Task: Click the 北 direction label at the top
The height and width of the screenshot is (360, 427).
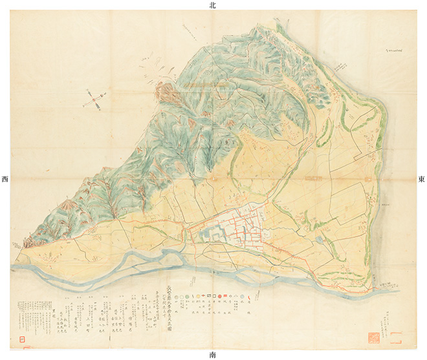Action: [x=212, y=5]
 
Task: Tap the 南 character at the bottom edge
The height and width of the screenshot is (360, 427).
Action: [x=213, y=355]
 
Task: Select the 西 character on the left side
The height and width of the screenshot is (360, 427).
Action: [x=5, y=179]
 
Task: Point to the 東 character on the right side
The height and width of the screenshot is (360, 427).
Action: [x=421, y=179]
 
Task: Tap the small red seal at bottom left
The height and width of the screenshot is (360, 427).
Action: [x=22, y=338]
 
